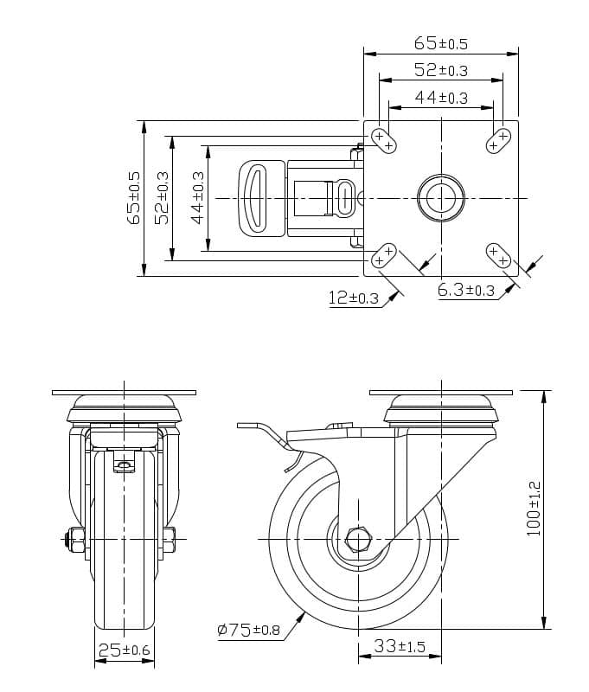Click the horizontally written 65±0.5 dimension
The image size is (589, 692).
tap(440, 42)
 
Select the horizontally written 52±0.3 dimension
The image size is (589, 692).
tap(440, 70)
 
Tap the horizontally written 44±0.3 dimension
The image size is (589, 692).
tap(440, 98)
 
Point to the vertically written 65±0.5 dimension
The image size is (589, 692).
tap(134, 198)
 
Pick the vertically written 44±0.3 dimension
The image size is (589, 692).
tap(198, 198)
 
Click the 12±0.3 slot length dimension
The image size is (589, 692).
tap(353, 298)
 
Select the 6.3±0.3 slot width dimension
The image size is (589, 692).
tap(466, 291)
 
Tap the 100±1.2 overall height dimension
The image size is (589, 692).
tap(534, 509)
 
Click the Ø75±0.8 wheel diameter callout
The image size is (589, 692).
tap(248, 630)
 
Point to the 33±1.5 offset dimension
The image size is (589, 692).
tap(400, 646)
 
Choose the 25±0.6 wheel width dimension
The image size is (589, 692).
tap(125, 650)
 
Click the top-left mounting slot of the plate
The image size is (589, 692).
tap(383, 140)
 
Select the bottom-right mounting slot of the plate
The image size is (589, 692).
tap(498, 256)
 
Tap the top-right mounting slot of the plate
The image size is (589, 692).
tap(498, 140)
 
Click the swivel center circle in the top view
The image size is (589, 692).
tap(440, 198)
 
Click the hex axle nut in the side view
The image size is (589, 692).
tap(357, 540)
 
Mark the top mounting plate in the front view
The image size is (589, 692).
tap(125, 392)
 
